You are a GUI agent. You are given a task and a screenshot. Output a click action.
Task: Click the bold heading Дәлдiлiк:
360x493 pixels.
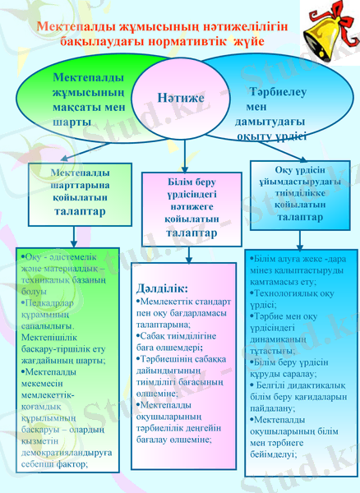(x=163, y=288)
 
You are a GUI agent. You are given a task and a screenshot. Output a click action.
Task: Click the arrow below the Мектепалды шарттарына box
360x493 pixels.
(x=76, y=235)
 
